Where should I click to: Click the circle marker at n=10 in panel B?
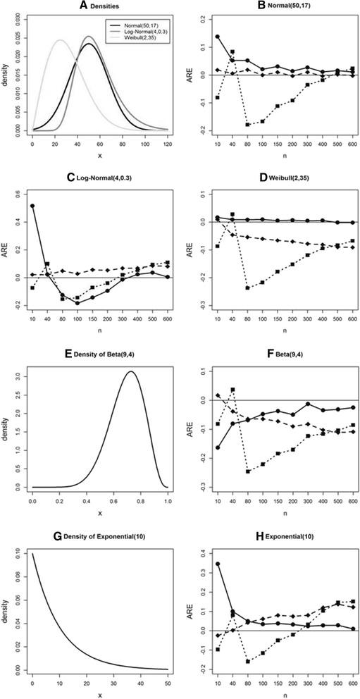[x=218, y=37]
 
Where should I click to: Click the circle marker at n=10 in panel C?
[x=32, y=206]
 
